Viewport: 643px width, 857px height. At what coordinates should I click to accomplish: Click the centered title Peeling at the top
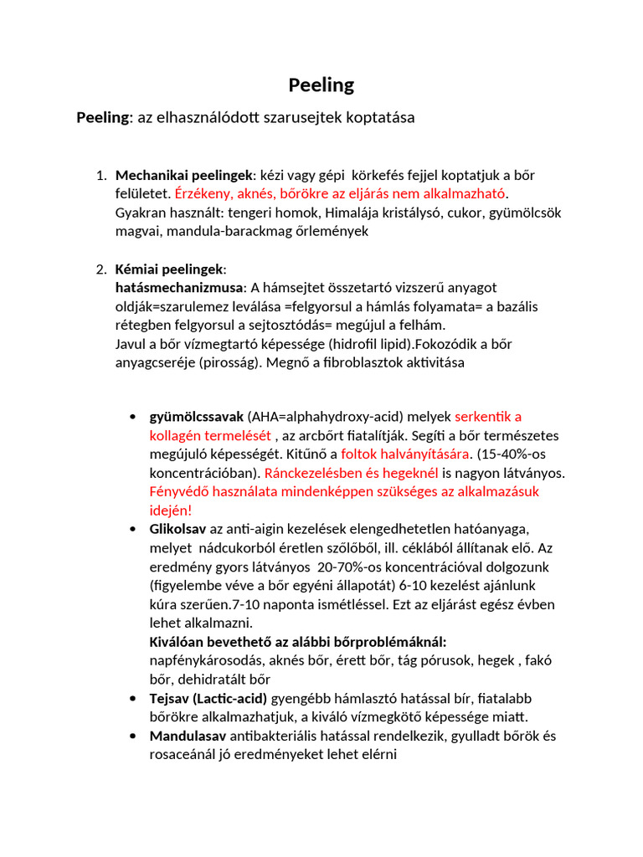tap(321, 85)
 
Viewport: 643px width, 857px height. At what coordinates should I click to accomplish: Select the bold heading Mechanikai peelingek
tap(184, 175)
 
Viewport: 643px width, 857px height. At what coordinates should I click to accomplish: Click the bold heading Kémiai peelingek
tap(170, 269)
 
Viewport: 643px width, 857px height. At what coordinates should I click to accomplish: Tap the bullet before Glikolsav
tap(134, 529)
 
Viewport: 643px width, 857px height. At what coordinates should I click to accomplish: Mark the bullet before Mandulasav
tap(134, 736)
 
